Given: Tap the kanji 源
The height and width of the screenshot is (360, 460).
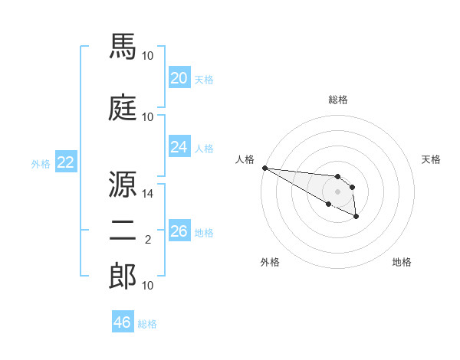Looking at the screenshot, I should click(123, 184).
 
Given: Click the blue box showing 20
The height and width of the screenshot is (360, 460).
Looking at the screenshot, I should click(179, 78).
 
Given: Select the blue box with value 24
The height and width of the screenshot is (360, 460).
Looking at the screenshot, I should click(179, 147).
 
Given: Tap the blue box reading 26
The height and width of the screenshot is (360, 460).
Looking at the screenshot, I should click(179, 231).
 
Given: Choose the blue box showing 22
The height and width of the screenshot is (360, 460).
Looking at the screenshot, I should click(65, 162).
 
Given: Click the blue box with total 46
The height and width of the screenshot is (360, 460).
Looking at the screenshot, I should click(123, 322).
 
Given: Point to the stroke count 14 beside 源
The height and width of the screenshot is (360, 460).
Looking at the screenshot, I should click(148, 195).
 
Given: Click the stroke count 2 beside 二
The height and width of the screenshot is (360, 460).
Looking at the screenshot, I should click(148, 241).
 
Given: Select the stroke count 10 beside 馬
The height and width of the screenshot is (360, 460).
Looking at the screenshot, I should click(148, 56).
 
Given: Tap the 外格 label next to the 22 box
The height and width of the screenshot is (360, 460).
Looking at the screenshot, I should click(41, 163).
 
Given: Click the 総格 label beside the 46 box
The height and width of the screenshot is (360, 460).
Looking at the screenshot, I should click(147, 324).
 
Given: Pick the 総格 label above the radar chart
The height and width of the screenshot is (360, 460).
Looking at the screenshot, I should click(337, 100).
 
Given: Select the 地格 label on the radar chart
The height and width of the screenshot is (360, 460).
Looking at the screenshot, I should click(402, 262).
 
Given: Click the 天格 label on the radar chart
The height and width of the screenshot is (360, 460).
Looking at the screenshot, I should click(431, 159).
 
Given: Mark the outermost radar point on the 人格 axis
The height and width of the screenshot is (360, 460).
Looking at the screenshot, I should click(264, 168).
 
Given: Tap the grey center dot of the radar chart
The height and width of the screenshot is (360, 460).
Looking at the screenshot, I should click(337, 191).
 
